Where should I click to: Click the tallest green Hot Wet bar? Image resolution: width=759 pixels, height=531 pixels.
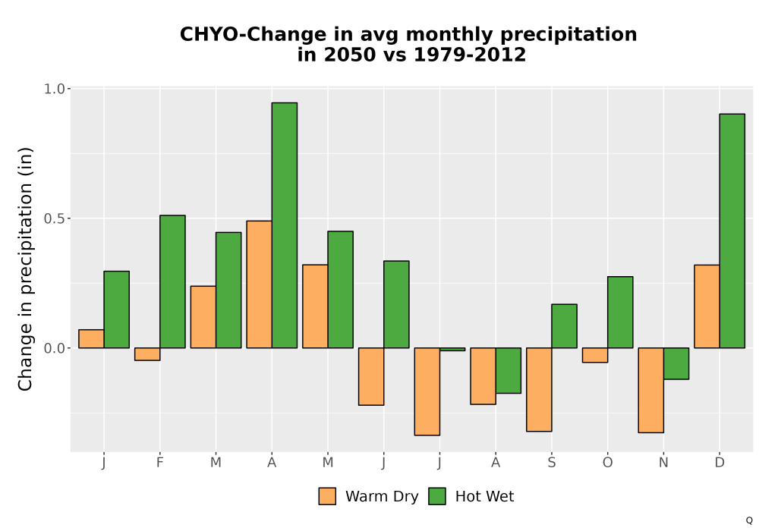tap(284, 225)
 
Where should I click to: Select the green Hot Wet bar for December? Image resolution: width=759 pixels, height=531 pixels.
tap(732, 231)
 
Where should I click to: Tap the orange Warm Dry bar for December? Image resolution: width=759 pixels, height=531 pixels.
tap(707, 306)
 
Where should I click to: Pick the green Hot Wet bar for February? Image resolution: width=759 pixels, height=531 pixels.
tap(172, 281)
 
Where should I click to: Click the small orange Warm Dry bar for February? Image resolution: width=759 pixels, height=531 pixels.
tap(147, 354)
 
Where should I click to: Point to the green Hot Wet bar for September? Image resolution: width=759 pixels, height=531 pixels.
tap(564, 326)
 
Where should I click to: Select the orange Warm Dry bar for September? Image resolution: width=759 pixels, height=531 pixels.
tap(539, 389)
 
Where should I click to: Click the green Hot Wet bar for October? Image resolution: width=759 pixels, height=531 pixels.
tap(620, 312)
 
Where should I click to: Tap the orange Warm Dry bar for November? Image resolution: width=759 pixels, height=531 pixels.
tap(650, 390)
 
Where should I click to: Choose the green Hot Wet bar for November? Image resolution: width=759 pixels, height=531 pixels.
tap(676, 363)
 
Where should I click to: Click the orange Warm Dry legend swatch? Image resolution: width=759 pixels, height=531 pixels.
tap(327, 496)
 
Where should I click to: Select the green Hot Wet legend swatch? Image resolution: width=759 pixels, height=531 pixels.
tap(437, 496)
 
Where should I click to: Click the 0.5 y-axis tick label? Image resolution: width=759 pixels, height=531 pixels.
tap(54, 218)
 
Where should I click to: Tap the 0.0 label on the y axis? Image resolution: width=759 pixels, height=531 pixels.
tap(54, 348)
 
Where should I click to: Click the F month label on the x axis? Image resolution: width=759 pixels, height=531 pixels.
tap(159, 463)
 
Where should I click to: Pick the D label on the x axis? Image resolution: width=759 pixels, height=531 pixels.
tap(720, 463)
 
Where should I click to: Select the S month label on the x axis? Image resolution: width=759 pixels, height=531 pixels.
tap(551, 463)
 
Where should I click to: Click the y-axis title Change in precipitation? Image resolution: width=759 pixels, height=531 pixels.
tap(25, 269)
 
